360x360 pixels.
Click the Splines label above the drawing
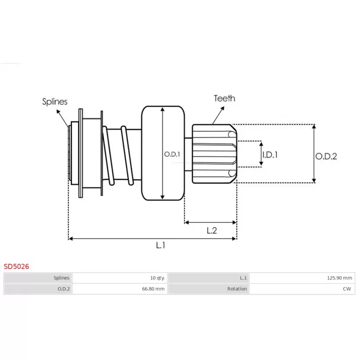[x=54, y=102]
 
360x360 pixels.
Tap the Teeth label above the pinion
[x=224, y=98]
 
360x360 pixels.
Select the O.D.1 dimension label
[x=172, y=154]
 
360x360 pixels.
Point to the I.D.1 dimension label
[x=270, y=155]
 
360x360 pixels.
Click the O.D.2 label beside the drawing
[x=326, y=156]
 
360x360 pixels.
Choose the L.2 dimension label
[x=211, y=230]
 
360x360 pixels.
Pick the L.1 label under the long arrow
[x=161, y=245]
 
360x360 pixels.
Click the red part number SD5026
[x=16, y=266]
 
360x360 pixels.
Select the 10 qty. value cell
[x=157, y=278]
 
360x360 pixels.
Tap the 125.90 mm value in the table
[x=340, y=278]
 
